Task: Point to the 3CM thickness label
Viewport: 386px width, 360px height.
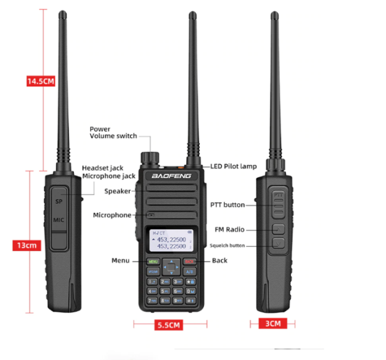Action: [x=273, y=323]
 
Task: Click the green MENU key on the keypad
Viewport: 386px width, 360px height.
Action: [x=153, y=261]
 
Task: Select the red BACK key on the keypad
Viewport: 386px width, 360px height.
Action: [x=190, y=261]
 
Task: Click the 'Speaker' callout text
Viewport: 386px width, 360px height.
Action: [x=118, y=191]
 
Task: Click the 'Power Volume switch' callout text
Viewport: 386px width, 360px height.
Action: [x=113, y=132]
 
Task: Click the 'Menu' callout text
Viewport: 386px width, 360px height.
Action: [x=121, y=260]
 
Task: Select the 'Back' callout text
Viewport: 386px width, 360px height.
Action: [x=220, y=260]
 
